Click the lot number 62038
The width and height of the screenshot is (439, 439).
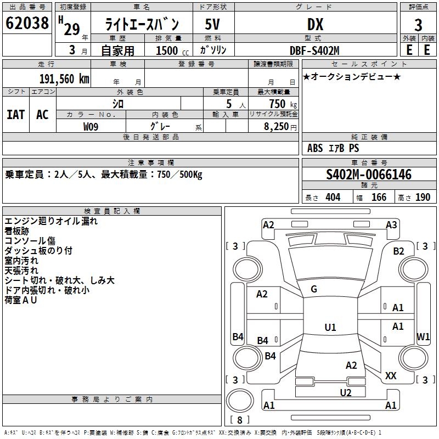tap(27, 23)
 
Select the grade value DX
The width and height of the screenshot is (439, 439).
tap(315, 24)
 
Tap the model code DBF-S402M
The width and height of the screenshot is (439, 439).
tap(314, 50)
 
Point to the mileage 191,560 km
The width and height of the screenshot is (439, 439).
tap(64, 79)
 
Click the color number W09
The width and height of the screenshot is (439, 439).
tap(91, 127)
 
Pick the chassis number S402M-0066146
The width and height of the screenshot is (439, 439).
tap(369, 175)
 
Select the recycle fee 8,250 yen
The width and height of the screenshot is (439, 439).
tap(280, 127)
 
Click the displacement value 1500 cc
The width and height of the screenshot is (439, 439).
tap(172, 50)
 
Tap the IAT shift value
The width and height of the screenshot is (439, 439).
tap(16, 115)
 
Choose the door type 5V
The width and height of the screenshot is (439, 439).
tap(212, 24)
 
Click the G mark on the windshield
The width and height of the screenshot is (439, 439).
tap(314, 289)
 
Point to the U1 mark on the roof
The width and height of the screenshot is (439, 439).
tap(330, 327)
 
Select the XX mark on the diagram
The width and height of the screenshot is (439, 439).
tap(391, 375)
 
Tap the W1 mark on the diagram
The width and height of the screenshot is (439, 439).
tap(423, 336)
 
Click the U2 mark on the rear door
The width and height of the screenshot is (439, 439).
tap(346, 393)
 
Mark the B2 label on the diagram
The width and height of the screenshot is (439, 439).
tap(398, 251)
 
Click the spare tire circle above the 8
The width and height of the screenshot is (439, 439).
tap(240, 401)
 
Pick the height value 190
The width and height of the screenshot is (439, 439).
tap(423, 198)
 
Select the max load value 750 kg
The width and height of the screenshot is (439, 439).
tap(283, 104)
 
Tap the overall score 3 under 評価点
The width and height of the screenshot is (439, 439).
tap(418, 25)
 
